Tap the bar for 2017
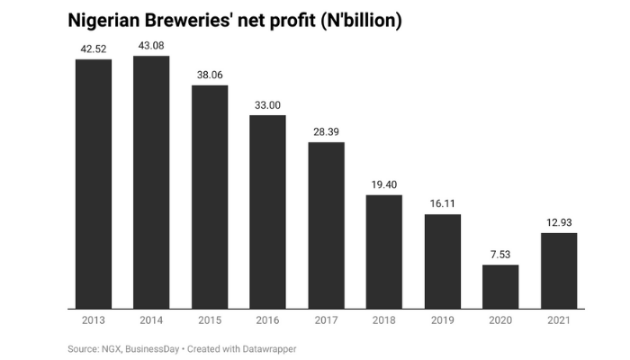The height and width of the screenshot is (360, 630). click(x=326, y=225)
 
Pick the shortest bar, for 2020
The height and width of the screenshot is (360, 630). click(x=500, y=286)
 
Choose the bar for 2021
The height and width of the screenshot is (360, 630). click(x=559, y=270)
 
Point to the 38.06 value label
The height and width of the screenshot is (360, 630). click(x=210, y=76)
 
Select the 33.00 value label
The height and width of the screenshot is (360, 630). click(x=267, y=105)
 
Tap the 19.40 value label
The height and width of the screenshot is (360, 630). click(x=384, y=184)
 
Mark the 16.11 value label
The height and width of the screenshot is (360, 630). click(x=443, y=204)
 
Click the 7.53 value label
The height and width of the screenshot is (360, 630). click(x=500, y=255)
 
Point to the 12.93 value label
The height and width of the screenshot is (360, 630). click(x=559, y=223)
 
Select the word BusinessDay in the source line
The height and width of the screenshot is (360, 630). click(x=154, y=348)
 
